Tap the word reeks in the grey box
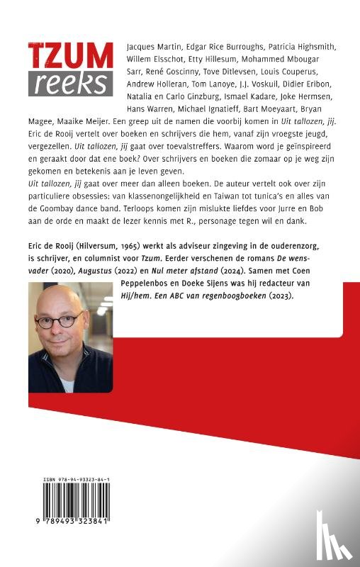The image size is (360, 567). (x=70, y=84)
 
